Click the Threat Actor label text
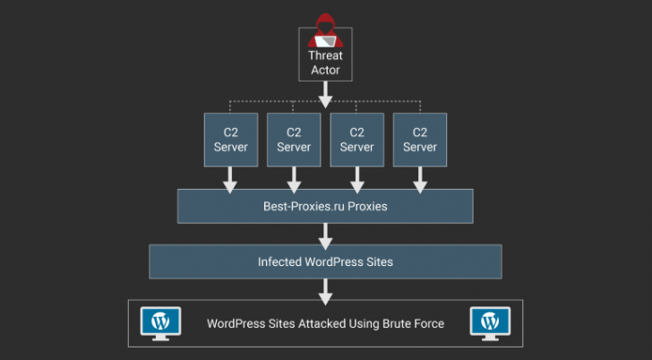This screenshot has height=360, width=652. click(325, 63)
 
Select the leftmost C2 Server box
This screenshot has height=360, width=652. click(230, 140)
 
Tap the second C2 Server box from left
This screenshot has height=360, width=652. click(294, 140)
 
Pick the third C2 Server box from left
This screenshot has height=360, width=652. click(356, 140)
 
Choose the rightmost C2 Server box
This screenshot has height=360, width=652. click(419, 140)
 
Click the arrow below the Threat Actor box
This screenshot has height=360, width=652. click(325, 92)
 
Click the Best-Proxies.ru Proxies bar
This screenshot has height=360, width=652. click(325, 206)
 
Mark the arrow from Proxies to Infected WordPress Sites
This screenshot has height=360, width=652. click(325, 235)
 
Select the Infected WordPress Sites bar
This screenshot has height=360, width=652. click(325, 261)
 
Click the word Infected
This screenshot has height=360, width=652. click(279, 261)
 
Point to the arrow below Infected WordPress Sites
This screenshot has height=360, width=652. click(325, 290)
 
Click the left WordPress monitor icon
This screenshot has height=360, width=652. click(161, 322)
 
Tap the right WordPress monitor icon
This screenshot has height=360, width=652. click(490, 322)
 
